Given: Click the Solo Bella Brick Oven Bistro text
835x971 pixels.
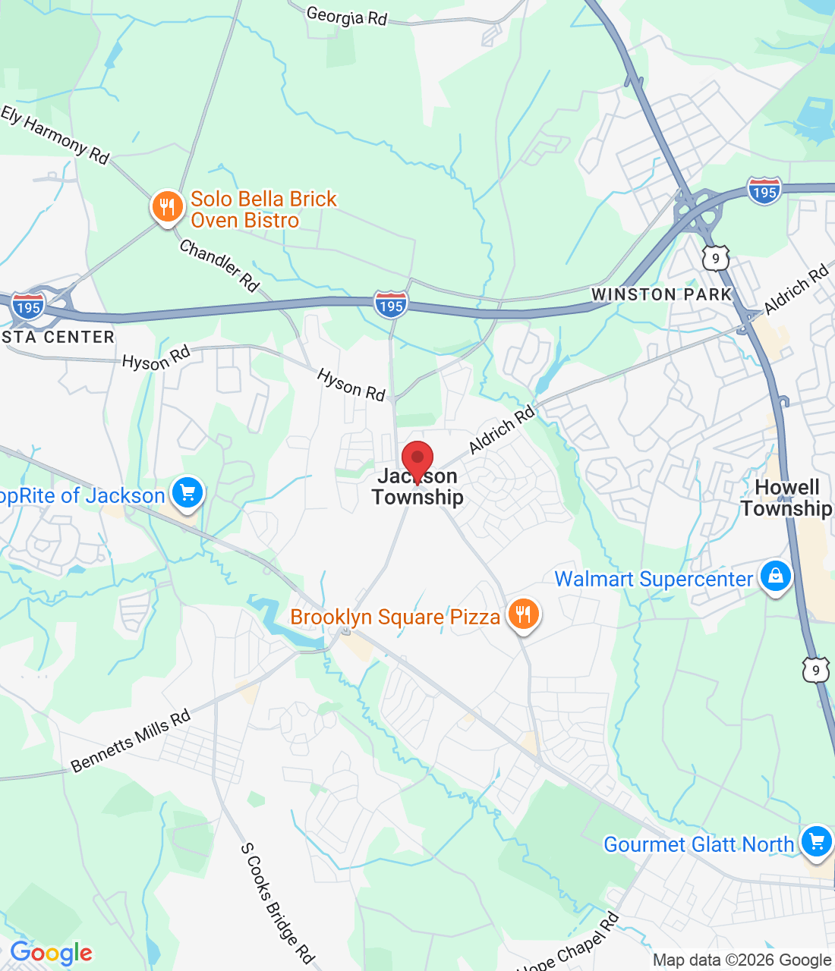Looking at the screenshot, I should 263,209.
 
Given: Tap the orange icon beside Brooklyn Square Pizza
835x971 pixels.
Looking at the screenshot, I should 523,614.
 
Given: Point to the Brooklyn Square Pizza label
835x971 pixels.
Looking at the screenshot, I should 395,617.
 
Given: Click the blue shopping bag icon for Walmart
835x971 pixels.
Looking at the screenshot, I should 776,576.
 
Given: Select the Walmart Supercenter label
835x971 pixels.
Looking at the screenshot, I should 654,579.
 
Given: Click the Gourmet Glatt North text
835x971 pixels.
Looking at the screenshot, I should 698,844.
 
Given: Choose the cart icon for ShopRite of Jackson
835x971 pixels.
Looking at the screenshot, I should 187,493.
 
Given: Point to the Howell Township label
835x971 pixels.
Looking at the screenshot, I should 787,498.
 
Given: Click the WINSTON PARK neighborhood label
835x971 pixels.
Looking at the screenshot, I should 661,294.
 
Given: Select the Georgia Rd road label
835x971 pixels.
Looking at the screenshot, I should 347,15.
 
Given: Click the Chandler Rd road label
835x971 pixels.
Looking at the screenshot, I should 219,266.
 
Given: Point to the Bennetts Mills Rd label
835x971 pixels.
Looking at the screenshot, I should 131,741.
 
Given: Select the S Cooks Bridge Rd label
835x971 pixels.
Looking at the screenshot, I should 277,903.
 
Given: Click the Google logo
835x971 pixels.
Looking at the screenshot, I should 51,953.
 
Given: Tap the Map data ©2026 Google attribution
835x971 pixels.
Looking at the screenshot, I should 742,960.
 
